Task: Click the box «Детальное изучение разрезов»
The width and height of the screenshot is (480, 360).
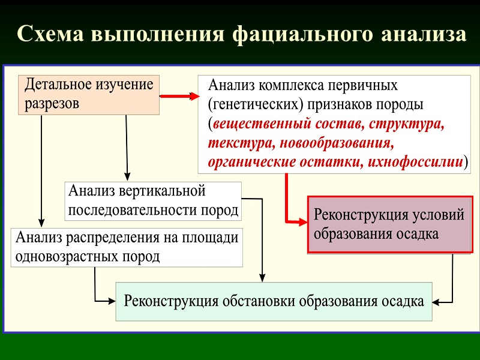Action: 89,94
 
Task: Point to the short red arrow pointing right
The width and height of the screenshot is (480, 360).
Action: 180,96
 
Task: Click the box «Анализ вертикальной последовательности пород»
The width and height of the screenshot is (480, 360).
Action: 153,201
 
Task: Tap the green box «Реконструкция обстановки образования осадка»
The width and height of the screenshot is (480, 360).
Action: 274,301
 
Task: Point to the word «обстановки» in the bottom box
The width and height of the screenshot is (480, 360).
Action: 266,301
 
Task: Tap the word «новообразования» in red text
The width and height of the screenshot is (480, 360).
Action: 330,144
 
